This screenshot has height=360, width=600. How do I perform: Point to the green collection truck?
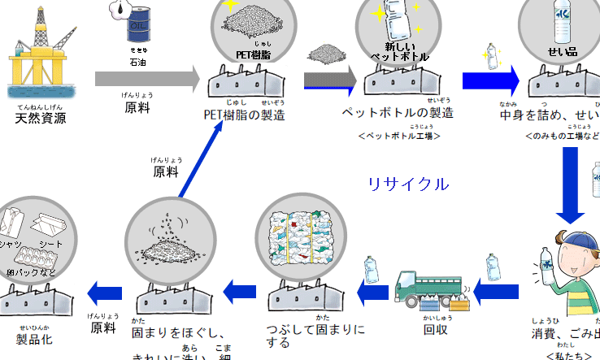point(426,288)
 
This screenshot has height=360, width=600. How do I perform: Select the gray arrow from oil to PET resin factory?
point(147,80)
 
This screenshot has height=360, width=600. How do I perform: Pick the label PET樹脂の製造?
point(244,115)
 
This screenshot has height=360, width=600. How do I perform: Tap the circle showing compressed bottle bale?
point(306,236)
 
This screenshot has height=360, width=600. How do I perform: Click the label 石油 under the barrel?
point(139,61)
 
